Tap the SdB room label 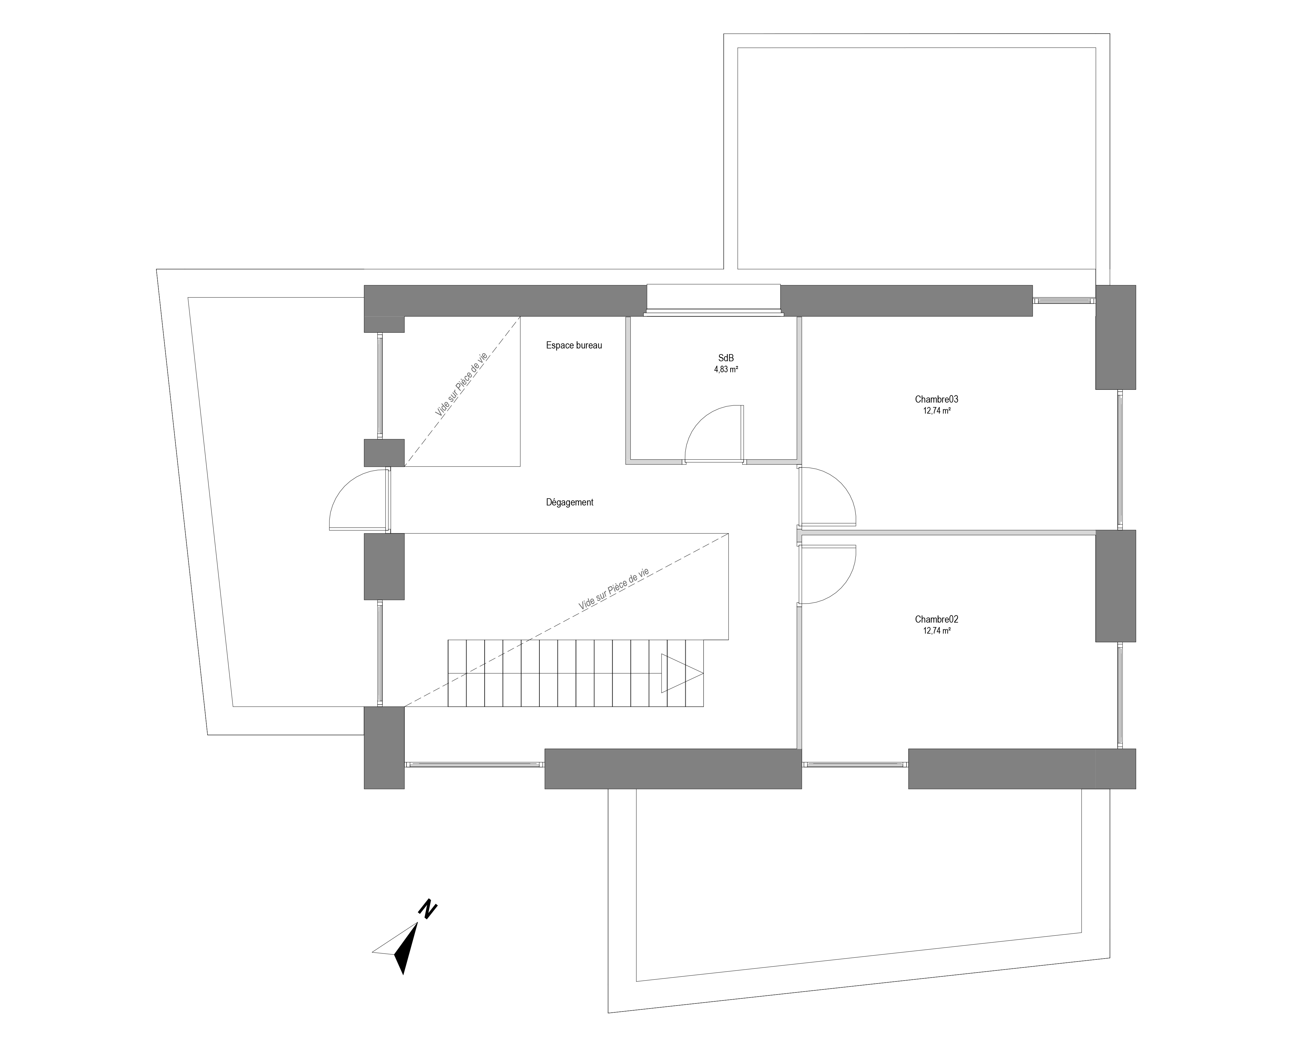click(726, 358)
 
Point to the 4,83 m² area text click(726, 370)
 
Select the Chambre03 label click(936, 399)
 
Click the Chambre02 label click(936, 619)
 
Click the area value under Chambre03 click(936, 411)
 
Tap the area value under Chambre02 click(936, 632)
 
